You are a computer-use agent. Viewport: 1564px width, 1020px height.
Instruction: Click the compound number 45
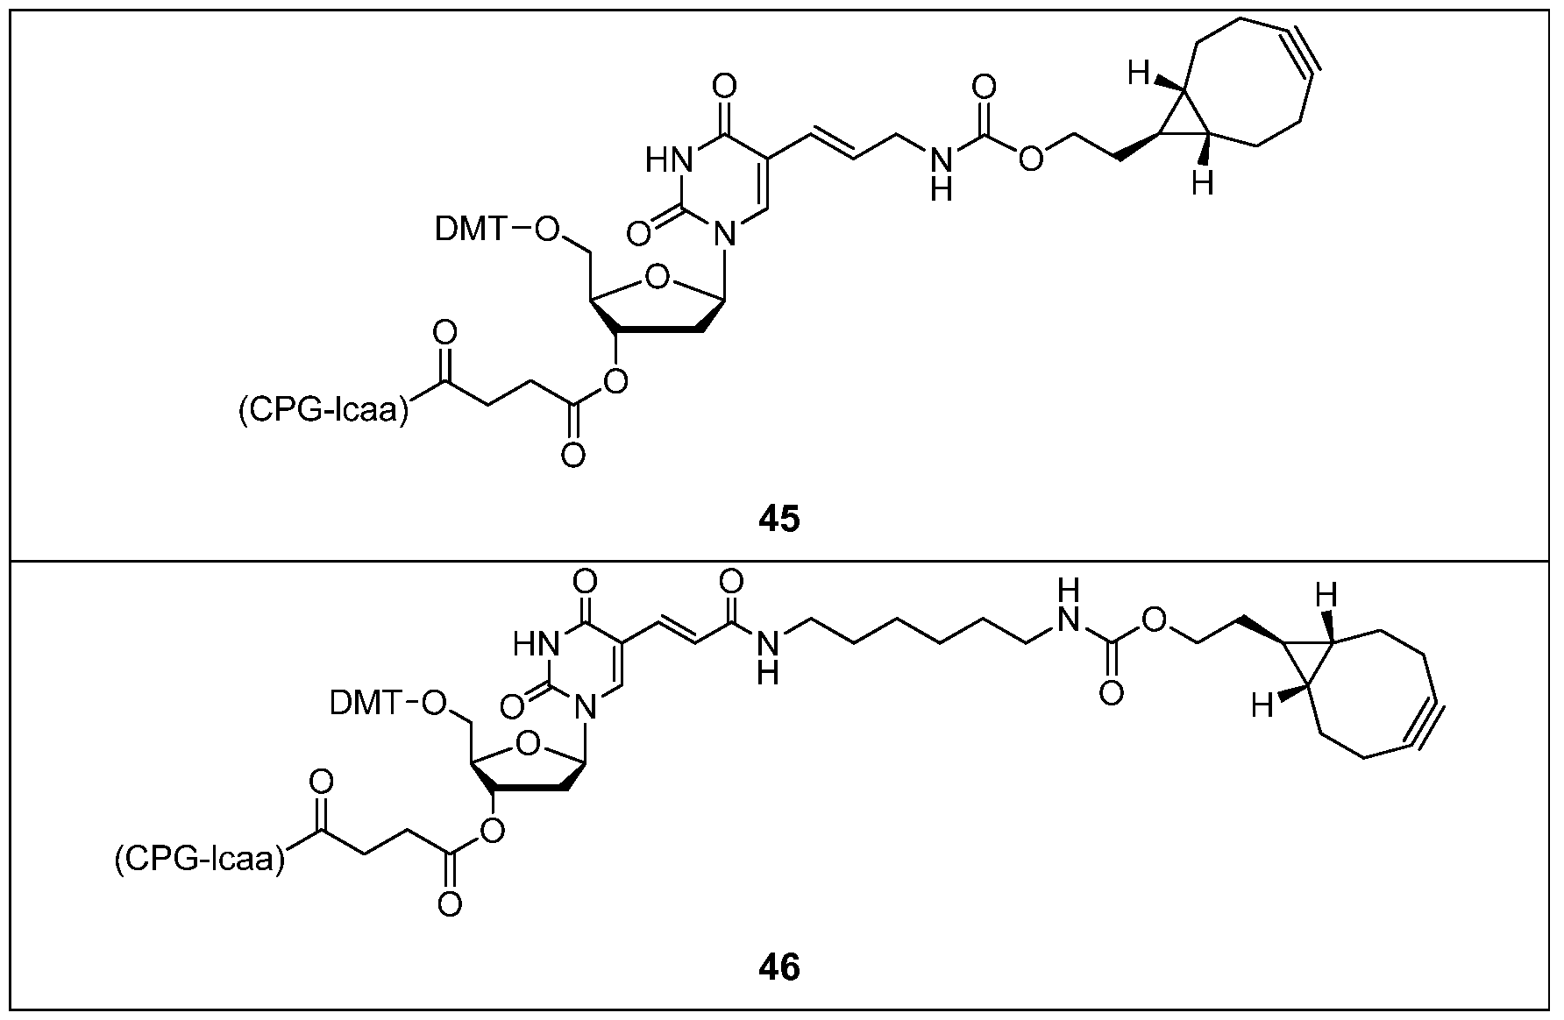click(778, 519)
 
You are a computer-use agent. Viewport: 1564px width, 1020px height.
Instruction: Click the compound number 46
click(778, 968)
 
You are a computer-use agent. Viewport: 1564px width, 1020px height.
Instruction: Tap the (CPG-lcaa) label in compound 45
click(324, 411)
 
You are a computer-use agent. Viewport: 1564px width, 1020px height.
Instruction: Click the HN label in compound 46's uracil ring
click(537, 646)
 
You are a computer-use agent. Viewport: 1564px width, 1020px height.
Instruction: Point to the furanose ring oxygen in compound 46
click(527, 745)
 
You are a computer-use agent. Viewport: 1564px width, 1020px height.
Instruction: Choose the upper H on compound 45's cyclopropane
click(1138, 75)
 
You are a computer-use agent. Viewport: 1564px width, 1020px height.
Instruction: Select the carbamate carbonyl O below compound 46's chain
click(1111, 693)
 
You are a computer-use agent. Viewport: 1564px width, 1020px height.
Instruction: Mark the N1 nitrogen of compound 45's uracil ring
click(723, 232)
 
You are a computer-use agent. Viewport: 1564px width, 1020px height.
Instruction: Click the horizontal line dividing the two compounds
click(782, 559)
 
